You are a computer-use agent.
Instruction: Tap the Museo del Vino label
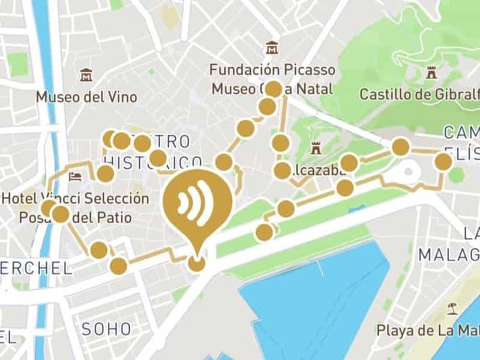coord(86,97)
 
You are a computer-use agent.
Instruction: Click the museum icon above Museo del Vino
coord(86,76)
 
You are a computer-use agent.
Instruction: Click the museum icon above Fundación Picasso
coord(272,47)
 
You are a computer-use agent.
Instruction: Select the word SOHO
coord(106,329)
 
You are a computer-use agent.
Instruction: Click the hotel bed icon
coord(75,176)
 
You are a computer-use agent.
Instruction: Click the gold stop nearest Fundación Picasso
coord(274,89)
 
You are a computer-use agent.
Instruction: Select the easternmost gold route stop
coord(443,161)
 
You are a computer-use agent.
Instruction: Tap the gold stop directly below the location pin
coord(196,263)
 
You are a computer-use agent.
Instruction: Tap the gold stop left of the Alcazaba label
coord(282,170)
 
